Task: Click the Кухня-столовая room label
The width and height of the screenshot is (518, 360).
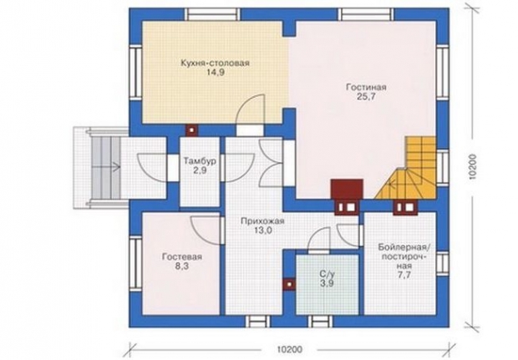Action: pyautogui.click(x=215, y=63)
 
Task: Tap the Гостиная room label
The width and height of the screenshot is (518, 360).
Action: pyautogui.click(x=366, y=87)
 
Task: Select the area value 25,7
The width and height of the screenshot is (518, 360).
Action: pyautogui.click(x=366, y=96)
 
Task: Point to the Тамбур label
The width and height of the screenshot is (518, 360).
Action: pyautogui.click(x=200, y=161)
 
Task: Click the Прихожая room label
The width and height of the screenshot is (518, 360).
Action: pyautogui.click(x=262, y=221)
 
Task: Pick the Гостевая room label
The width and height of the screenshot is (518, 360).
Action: pyautogui.click(x=182, y=257)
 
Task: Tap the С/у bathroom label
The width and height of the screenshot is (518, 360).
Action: pyautogui.click(x=327, y=274)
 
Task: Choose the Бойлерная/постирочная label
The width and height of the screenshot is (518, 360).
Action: pyautogui.click(x=406, y=256)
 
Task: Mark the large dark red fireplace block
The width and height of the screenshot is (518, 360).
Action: pyautogui.click(x=347, y=190)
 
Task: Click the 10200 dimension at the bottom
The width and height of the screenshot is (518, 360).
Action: pyautogui.click(x=290, y=349)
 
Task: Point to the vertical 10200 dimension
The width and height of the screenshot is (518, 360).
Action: pyautogui.click(x=474, y=166)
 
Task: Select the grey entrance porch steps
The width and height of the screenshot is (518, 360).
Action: pyautogui.click(x=106, y=168)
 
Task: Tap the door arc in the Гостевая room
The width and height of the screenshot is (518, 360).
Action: pyautogui.click(x=206, y=231)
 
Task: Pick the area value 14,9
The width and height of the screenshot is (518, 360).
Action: pyautogui.click(x=215, y=73)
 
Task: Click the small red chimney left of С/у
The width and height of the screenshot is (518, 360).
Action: pyautogui.click(x=289, y=284)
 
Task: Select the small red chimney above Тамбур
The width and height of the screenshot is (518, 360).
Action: pyautogui.click(x=192, y=129)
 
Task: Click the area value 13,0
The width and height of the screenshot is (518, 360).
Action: pyautogui.click(x=263, y=231)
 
